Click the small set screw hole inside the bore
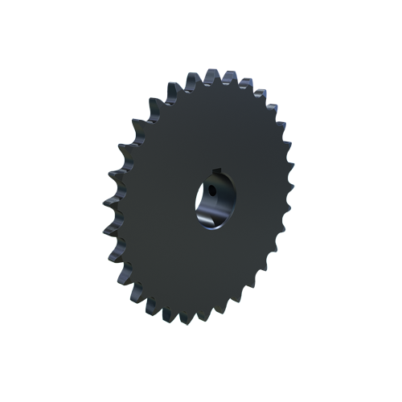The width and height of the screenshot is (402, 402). (211, 191)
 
